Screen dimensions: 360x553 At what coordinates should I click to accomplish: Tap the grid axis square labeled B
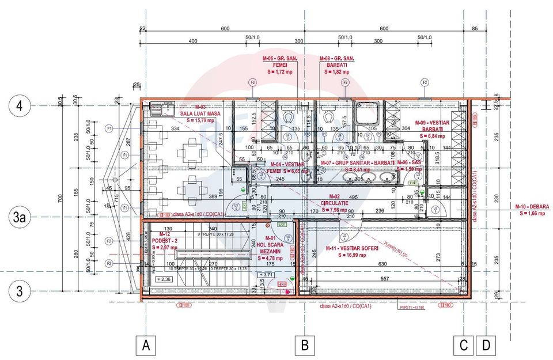(304, 346)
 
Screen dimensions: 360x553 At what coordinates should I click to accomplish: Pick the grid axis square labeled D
(487, 346)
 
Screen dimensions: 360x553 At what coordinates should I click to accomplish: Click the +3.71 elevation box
(267, 275)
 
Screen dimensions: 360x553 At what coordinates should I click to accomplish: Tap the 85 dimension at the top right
(474, 29)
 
